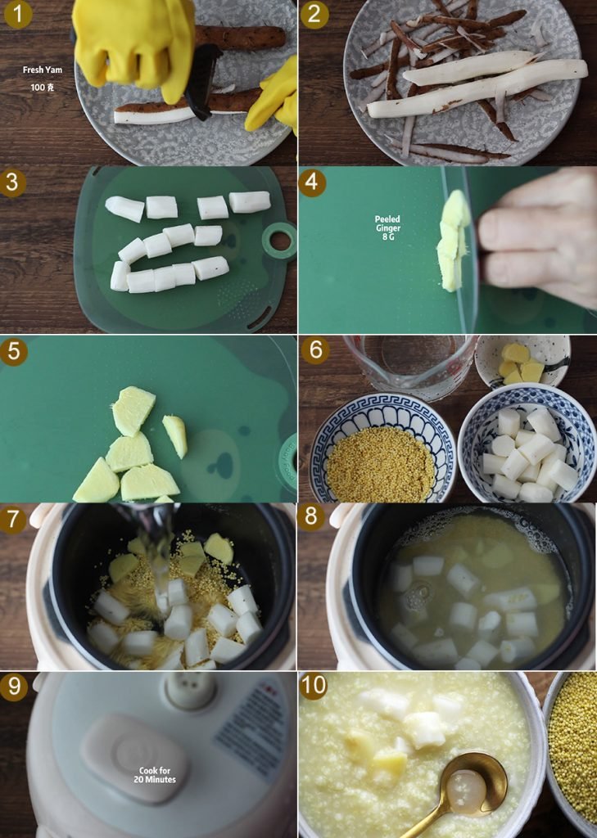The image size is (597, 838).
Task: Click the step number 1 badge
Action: pyautogui.click(x=18, y=14)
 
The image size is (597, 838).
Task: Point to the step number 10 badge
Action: pyautogui.click(x=314, y=686)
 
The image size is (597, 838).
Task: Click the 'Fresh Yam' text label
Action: pyautogui.click(x=43, y=70)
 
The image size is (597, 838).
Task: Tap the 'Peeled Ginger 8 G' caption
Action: pyautogui.click(x=388, y=228)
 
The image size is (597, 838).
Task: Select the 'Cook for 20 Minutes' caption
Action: pyautogui.click(x=155, y=775)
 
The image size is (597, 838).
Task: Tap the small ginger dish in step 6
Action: pyautogui.click(x=522, y=361)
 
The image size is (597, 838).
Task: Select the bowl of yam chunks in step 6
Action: pyautogui.click(x=527, y=444)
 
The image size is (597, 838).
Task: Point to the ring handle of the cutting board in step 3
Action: pyautogui.click(x=279, y=241)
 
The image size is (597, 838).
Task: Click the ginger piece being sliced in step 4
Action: pyautogui.click(x=453, y=241)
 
